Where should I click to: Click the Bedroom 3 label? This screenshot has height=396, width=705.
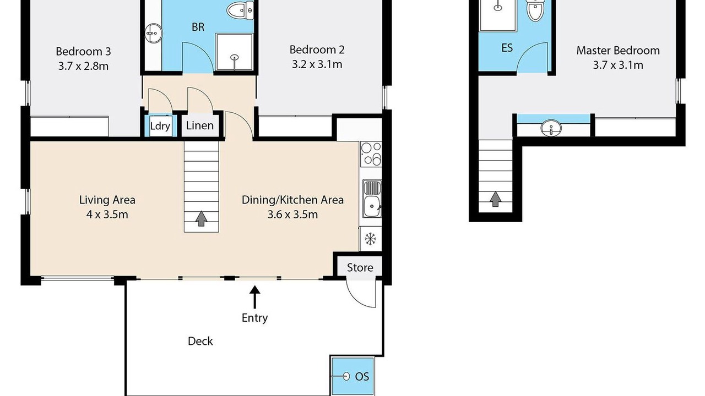point(83,52)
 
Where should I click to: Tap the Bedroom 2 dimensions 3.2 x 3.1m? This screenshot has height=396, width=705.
point(317,64)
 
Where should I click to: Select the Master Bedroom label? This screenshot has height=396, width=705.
point(618,51)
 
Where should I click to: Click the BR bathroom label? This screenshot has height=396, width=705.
point(198,27)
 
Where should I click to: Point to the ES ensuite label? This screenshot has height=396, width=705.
point(507,48)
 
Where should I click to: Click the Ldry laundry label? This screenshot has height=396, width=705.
point(160,126)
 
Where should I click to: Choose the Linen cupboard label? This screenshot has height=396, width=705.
point(199,126)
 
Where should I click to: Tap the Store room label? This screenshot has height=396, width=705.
point(360,267)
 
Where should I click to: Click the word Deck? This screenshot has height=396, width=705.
point(200,341)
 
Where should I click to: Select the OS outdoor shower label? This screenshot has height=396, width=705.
point(362,377)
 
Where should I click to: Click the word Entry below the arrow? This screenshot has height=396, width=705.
point(254,318)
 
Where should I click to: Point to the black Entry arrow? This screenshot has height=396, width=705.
point(254,297)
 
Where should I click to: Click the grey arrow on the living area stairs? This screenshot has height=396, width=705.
point(201,219)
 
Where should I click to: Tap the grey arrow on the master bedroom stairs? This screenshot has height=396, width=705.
point(495,199)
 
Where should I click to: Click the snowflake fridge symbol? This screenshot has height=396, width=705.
point(371,239)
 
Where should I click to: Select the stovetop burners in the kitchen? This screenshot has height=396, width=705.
point(371,154)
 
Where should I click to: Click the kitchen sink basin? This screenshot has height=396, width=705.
point(372,206)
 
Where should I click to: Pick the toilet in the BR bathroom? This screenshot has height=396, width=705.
point(240,10)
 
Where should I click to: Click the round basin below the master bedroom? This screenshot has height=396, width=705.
point(551,128)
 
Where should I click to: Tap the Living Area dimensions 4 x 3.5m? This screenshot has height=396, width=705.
point(107,215)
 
